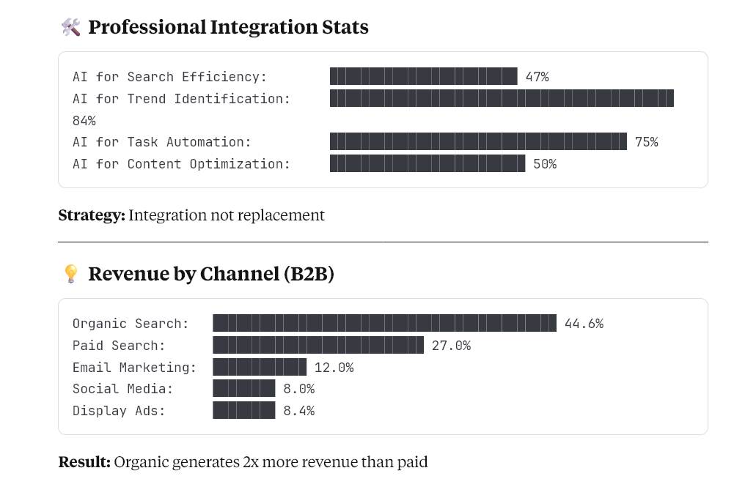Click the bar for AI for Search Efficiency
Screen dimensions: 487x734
pos(423,76)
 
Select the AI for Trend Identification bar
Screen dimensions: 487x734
pos(502,98)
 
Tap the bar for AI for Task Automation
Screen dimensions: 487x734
pos(478,141)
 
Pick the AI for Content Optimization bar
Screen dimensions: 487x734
pos(427,163)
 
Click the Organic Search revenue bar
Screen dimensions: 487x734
pos(384,323)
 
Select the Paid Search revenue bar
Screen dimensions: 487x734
pos(318,345)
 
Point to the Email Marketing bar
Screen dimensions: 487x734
pos(260,367)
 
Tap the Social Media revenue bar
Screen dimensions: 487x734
pos(244,389)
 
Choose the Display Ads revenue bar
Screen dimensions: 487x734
pos(244,410)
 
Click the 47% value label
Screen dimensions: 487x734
pos(537,77)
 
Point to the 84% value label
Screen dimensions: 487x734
pos(84,120)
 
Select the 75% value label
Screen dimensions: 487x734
pos(646,142)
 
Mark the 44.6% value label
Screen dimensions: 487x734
pos(584,324)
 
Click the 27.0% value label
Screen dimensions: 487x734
pos(451,346)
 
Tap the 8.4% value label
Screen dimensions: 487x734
pos(298,411)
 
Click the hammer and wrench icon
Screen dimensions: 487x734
pos(70,28)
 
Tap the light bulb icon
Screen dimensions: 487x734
pos(70,274)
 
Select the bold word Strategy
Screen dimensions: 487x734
pos(92,215)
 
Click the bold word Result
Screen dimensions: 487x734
pos(84,462)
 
